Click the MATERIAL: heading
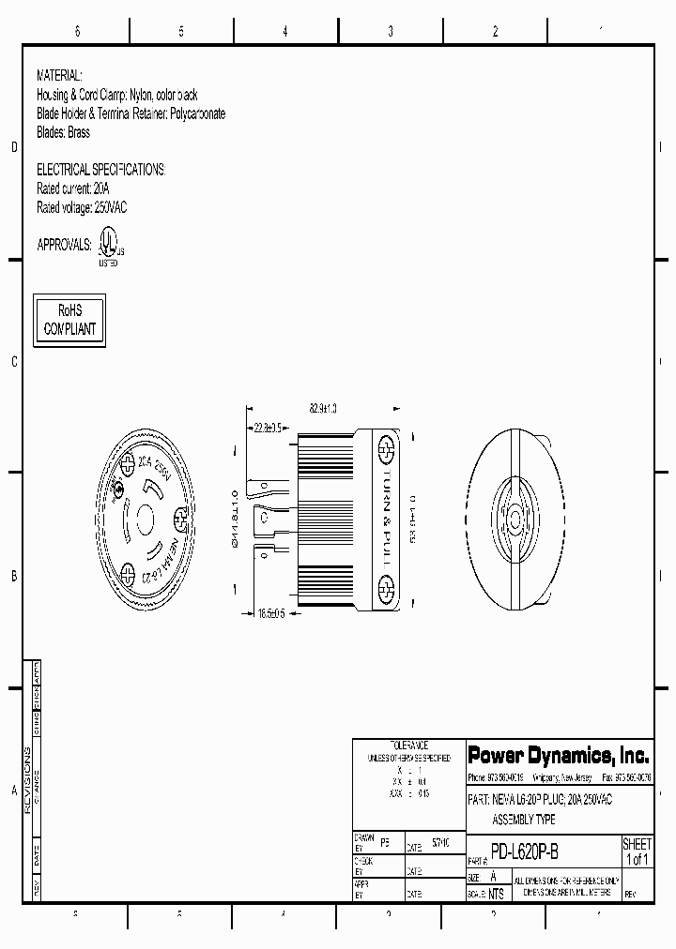click(x=59, y=75)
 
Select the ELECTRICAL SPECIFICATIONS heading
click(x=100, y=170)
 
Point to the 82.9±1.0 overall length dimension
click(x=323, y=409)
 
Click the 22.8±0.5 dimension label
click(x=269, y=428)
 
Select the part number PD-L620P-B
click(x=525, y=852)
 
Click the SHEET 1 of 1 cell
click(x=637, y=851)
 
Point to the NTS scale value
click(x=496, y=894)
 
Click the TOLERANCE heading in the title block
click(x=408, y=745)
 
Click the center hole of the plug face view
click(x=147, y=520)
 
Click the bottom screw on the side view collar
click(x=384, y=592)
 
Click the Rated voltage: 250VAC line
click(x=82, y=208)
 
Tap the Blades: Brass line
click(x=63, y=132)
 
